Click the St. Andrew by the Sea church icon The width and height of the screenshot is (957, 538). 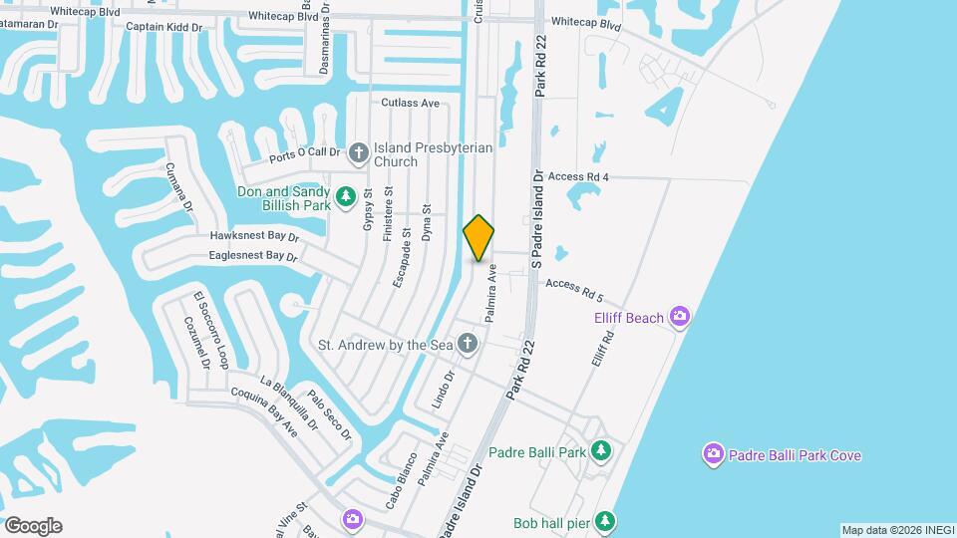click(x=469, y=345)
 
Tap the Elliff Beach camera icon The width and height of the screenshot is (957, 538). click(x=680, y=317)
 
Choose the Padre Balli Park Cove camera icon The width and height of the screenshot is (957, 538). click(x=713, y=455)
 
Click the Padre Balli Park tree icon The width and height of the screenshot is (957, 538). click(x=600, y=452)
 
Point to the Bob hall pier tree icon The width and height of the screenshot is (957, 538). click(x=606, y=521)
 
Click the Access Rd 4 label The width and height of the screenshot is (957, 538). click(x=578, y=177)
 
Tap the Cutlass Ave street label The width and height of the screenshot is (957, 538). click(x=410, y=103)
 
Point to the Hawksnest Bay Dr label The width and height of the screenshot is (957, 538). click(x=254, y=237)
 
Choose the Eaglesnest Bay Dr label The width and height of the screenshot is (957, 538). click(x=253, y=256)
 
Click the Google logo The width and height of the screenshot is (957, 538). click(x=33, y=526)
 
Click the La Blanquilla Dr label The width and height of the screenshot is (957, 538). click(x=288, y=403)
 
